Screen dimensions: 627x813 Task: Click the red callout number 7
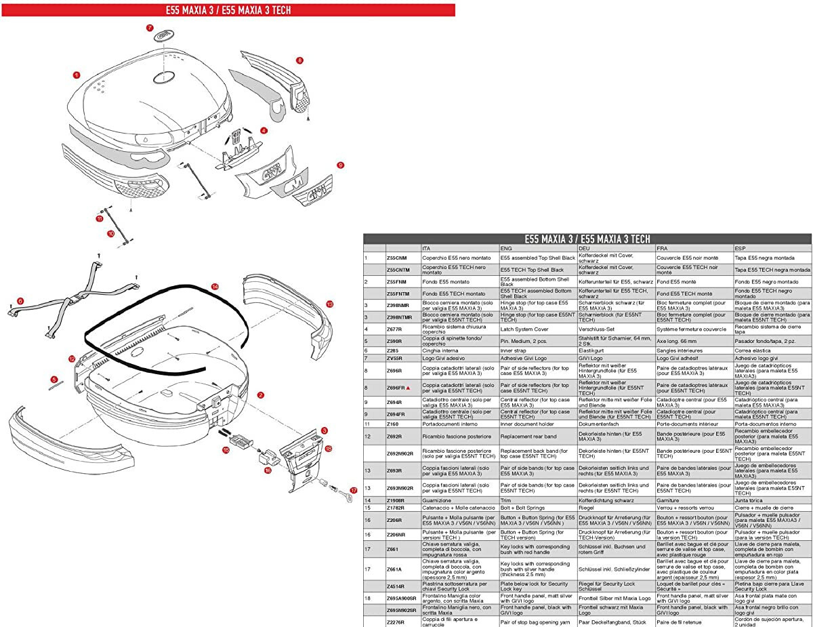pyautogui.click(x=150, y=28)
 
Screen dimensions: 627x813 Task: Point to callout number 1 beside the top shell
pyautogui.click(x=77, y=75)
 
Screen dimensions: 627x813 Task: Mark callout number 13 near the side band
pyautogui.click(x=329, y=304)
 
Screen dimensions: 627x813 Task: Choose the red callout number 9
pyautogui.click(x=341, y=165)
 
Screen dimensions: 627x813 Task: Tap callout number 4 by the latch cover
pyautogui.click(x=264, y=130)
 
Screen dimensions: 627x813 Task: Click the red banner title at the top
pyautogui.click(x=227, y=9)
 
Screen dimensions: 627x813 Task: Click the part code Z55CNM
pyautogui.click(x=396, y=258)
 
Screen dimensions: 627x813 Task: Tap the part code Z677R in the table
pyautogui.click(x=394, y=329)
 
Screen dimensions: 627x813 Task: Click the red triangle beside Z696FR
pyautogui.click(x=409, y=387)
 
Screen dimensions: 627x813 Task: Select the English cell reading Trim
pyautogui.click(x=506, y=500)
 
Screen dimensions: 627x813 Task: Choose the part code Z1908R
pyautogui.click(x=396, y=500)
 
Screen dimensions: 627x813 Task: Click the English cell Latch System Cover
pyautogui.click(x=524, y=329)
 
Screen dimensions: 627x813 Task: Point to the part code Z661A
pyautogui.click(x=394, y=569)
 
